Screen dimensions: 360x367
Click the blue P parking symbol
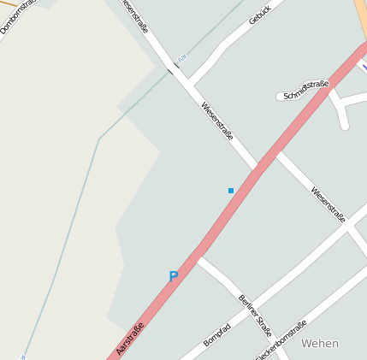click(x=174, y=276)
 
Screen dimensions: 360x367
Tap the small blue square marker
click(x=231, y=190)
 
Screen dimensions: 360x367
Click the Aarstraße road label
click(x=129, y=339)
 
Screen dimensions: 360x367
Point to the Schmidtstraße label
click(x=306, y=90)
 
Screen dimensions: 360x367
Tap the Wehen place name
click(x=320, y=343)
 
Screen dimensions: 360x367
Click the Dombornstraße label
click(x=17, y=18)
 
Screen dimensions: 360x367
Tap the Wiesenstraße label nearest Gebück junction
click(x=217, y=121)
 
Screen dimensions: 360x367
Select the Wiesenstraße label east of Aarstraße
click(x=328, y=204)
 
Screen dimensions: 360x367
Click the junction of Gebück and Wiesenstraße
click(x=189, y=86)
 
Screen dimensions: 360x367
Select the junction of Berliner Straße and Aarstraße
click(x=199, y=255)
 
